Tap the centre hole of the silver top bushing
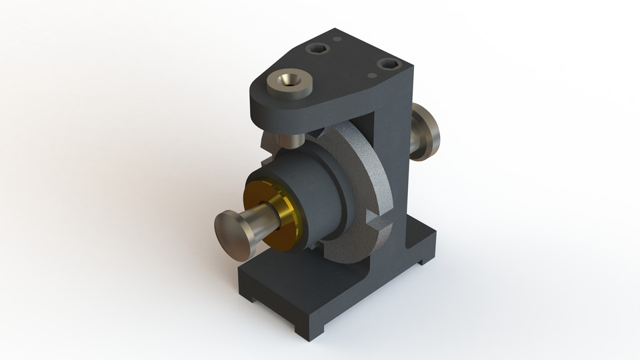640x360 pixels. (289, 81)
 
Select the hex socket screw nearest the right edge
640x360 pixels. (388, 64)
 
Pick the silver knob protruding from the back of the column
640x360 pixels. (425, 132)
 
